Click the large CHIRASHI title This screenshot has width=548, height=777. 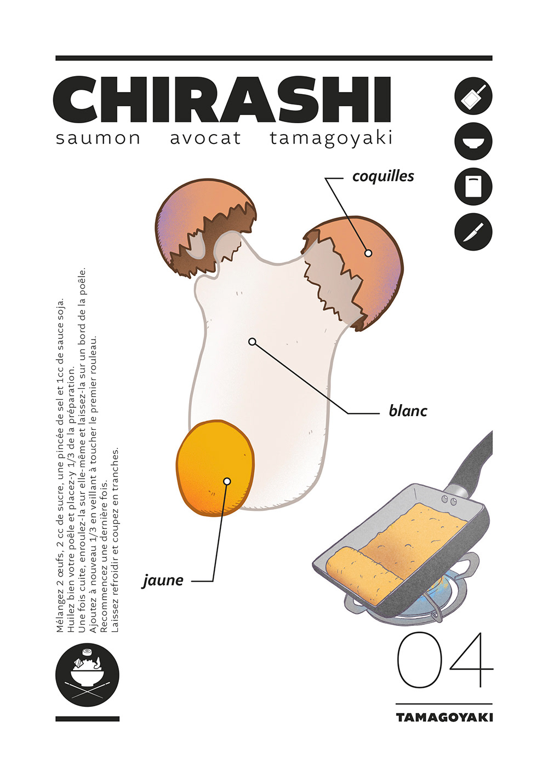222,101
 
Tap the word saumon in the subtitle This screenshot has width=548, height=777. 98,138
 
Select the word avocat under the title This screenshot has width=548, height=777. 206,138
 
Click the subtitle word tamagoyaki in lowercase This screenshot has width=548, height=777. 331,138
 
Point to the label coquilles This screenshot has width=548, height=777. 383,176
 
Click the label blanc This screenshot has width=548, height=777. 408,411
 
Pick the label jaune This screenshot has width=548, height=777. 163,580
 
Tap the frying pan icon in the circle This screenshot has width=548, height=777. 473,96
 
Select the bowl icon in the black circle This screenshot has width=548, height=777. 473,141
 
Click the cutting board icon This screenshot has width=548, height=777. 473,187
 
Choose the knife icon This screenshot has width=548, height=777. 473,232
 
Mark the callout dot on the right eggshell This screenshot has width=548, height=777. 368,253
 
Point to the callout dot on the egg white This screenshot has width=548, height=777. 252,342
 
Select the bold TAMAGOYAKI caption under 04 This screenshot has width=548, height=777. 444,717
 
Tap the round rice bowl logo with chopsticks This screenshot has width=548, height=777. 87,674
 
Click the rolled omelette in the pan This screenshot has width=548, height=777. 362,569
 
